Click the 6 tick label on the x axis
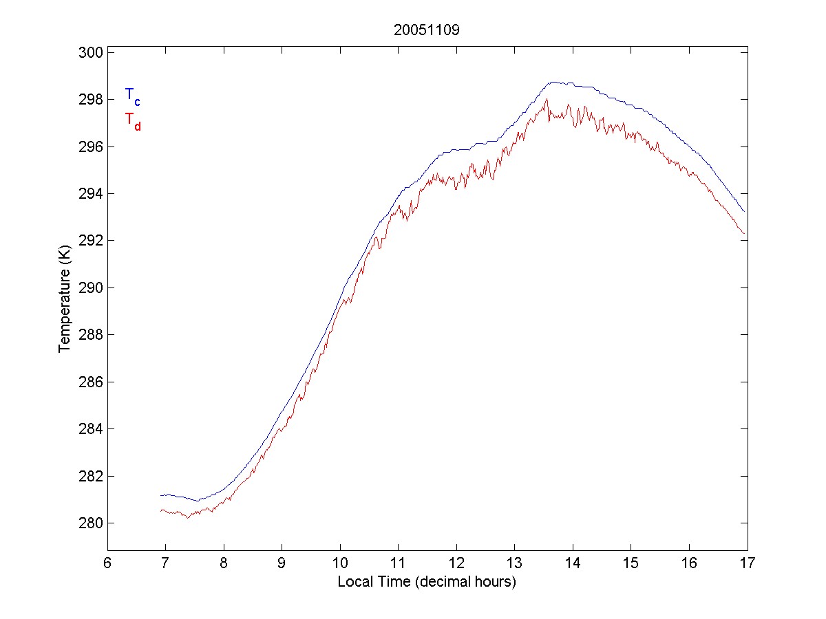coord(107,564)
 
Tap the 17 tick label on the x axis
coord(748,564)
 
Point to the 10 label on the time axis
coord(340,564)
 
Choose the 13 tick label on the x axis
coord(514,564)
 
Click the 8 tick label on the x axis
coord(224,564)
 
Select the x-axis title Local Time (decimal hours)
coord(427,582)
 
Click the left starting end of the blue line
coord(160,495)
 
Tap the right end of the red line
coord(744,234)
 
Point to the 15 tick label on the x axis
coord(631,564)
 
